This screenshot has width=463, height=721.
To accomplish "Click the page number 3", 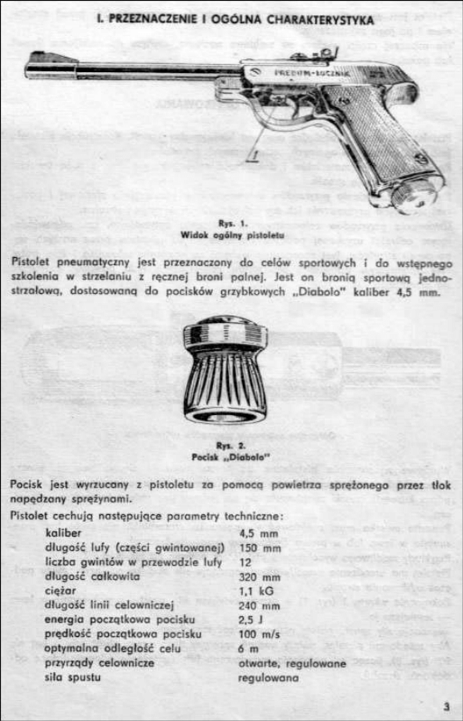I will pos(446,706).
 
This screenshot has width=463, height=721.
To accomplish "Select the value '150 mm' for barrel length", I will pos(260,547).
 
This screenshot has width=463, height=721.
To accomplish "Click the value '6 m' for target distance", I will pos(248,648).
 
